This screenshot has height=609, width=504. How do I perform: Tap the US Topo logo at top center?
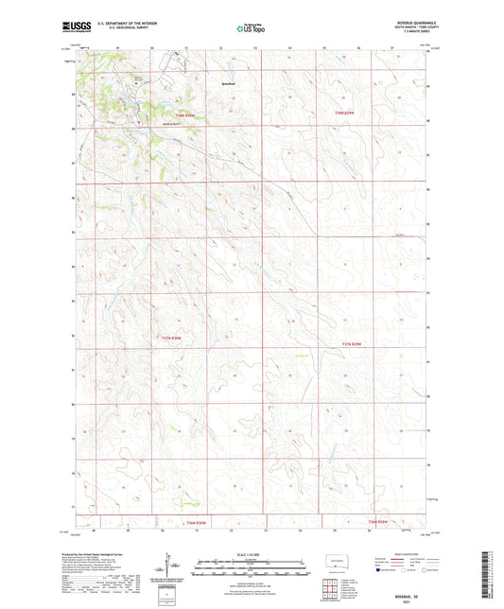click(252, 29)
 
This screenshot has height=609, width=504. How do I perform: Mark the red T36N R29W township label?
click(381, 522)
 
